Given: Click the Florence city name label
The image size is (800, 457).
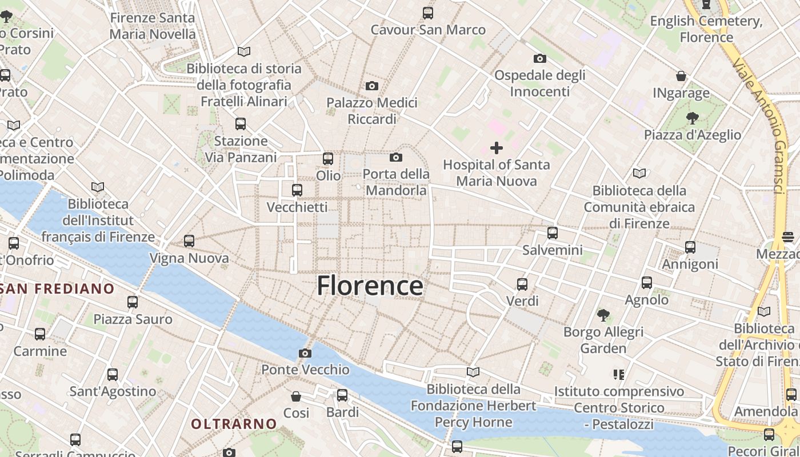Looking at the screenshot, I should [370, 286].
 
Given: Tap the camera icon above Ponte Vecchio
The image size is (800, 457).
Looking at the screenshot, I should [305, 353].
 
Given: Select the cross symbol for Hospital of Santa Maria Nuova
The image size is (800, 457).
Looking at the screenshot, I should [497, 148].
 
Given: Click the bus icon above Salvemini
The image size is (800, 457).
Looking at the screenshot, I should [552, 233].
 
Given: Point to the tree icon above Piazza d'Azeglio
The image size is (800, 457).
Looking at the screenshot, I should [693, 118].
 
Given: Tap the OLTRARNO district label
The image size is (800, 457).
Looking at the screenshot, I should [234, 424].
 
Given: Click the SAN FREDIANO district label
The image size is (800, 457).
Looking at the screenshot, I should [57, 288].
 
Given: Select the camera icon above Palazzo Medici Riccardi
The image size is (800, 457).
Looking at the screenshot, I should [372, 86].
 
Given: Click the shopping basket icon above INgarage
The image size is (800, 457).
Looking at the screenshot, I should [681, 76].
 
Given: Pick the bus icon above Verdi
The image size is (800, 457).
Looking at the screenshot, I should [522, 284].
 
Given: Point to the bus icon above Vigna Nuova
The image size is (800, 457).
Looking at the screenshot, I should [189, 241].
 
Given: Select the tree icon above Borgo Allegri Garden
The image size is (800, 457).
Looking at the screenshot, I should [603, 315].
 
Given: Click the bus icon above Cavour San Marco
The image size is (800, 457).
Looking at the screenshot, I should [428, 13].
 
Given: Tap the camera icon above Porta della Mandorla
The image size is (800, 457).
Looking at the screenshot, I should [396, 157].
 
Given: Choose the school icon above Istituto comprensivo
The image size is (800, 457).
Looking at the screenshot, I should [618, 375].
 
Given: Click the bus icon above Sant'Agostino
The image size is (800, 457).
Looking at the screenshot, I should [113, 375].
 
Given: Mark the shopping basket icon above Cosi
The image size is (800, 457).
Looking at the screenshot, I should [296, 396].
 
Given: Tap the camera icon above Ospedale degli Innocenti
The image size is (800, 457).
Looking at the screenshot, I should [539, 58].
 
